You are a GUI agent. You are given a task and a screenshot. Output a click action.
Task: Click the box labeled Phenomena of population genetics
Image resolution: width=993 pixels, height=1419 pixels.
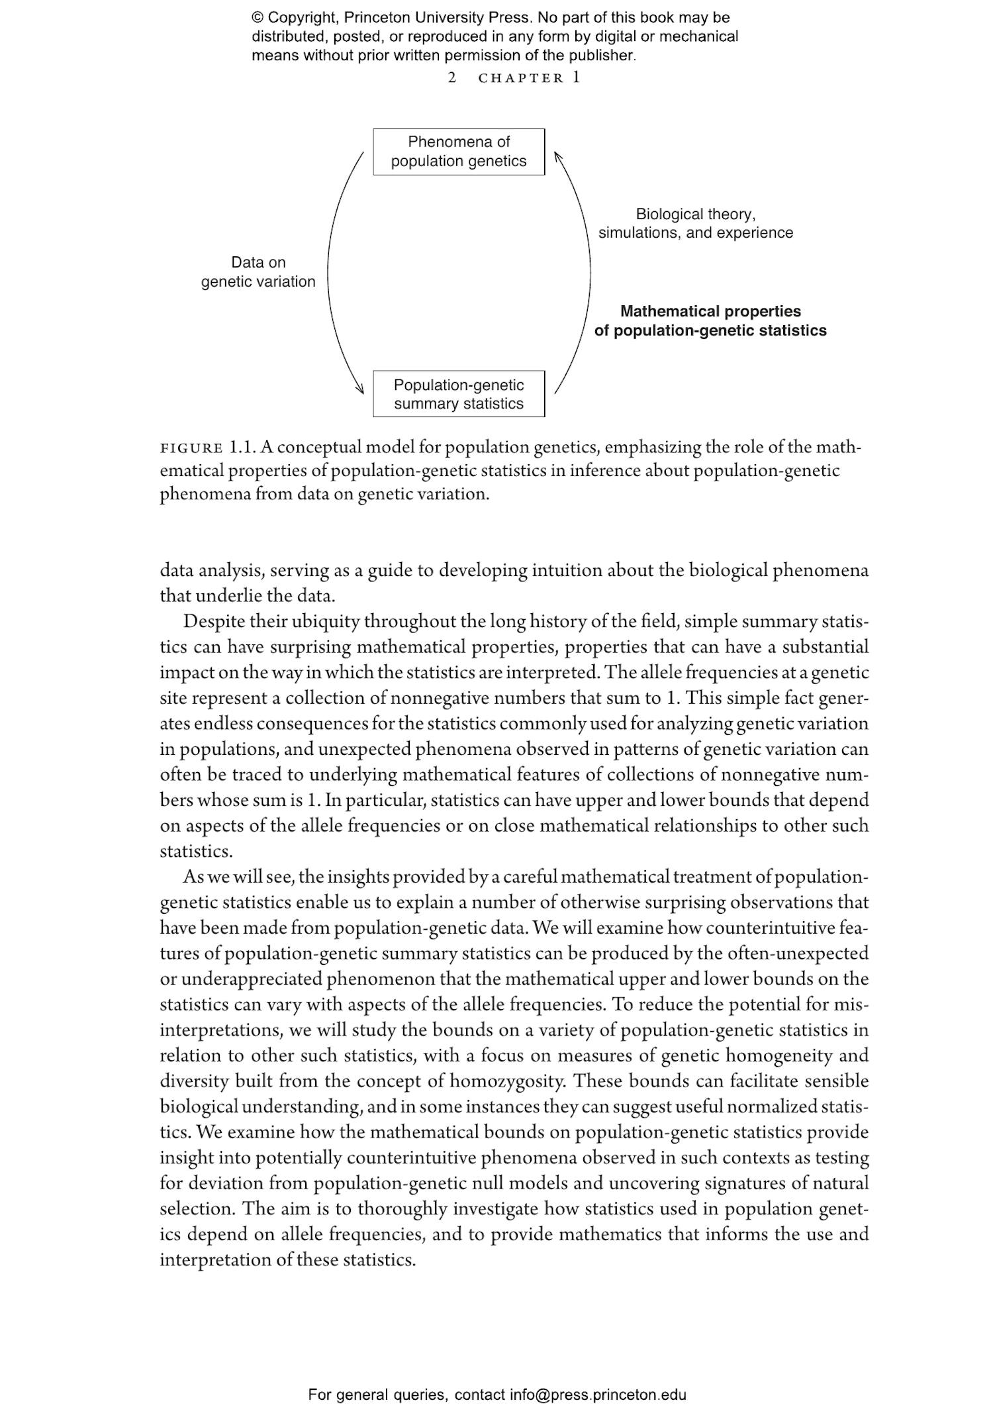458,152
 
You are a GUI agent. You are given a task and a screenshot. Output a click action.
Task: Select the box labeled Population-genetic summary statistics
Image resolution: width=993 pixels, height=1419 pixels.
458,394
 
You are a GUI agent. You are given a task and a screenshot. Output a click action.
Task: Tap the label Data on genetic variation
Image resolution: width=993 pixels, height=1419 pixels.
258,272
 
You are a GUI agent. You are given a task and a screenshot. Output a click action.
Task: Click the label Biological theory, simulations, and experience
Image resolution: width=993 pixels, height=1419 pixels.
695,224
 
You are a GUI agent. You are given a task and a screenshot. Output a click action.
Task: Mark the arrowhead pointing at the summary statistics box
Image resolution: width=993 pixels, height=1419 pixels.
361,389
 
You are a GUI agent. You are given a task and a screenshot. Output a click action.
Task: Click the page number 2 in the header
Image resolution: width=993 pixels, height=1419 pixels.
452,78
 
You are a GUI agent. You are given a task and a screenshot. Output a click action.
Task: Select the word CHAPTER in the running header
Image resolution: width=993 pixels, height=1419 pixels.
521,78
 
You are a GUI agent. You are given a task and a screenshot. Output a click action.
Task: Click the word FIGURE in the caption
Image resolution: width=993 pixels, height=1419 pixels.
191,448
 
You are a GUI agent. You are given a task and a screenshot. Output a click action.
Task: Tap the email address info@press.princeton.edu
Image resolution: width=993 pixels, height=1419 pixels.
597,1395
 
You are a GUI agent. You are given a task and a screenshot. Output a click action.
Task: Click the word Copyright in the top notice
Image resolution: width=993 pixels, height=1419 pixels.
302,19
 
